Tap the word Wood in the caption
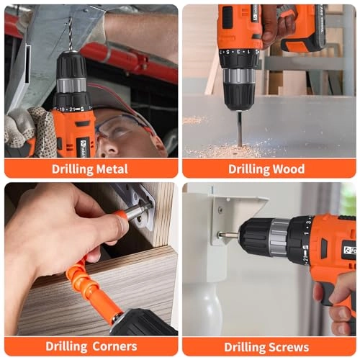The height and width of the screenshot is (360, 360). (x=287, y=169)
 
